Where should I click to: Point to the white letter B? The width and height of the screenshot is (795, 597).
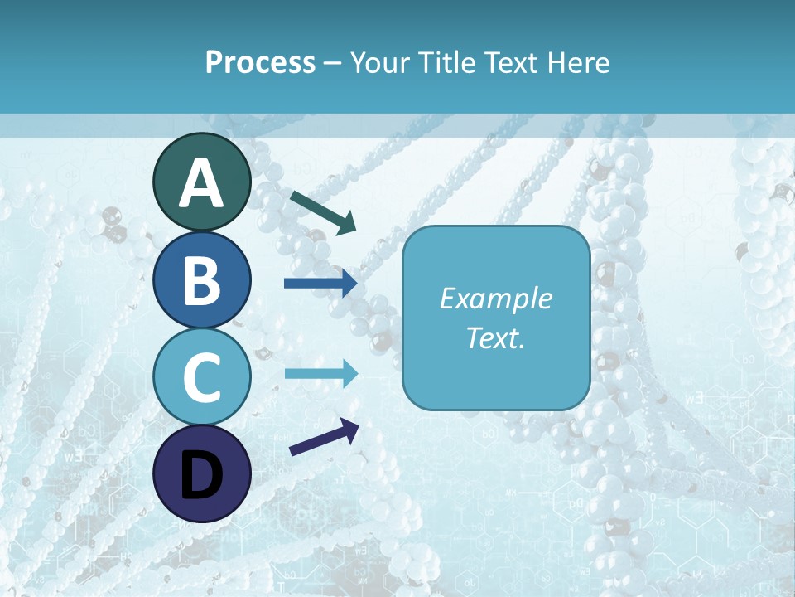(x=202, y=279)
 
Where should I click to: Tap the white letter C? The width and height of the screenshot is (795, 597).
(x=202, y=376)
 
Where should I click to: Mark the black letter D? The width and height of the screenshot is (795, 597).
(x=202, y=475)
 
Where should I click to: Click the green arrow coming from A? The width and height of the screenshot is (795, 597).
(x=323, y=212)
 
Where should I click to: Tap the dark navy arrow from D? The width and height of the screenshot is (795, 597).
(x=324, y=437)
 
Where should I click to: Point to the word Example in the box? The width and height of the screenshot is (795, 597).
(x=496, y=299)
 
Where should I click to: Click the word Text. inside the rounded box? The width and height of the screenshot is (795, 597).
(x=496, y=337)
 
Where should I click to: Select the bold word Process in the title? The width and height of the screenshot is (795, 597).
(x=260, y=62)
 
